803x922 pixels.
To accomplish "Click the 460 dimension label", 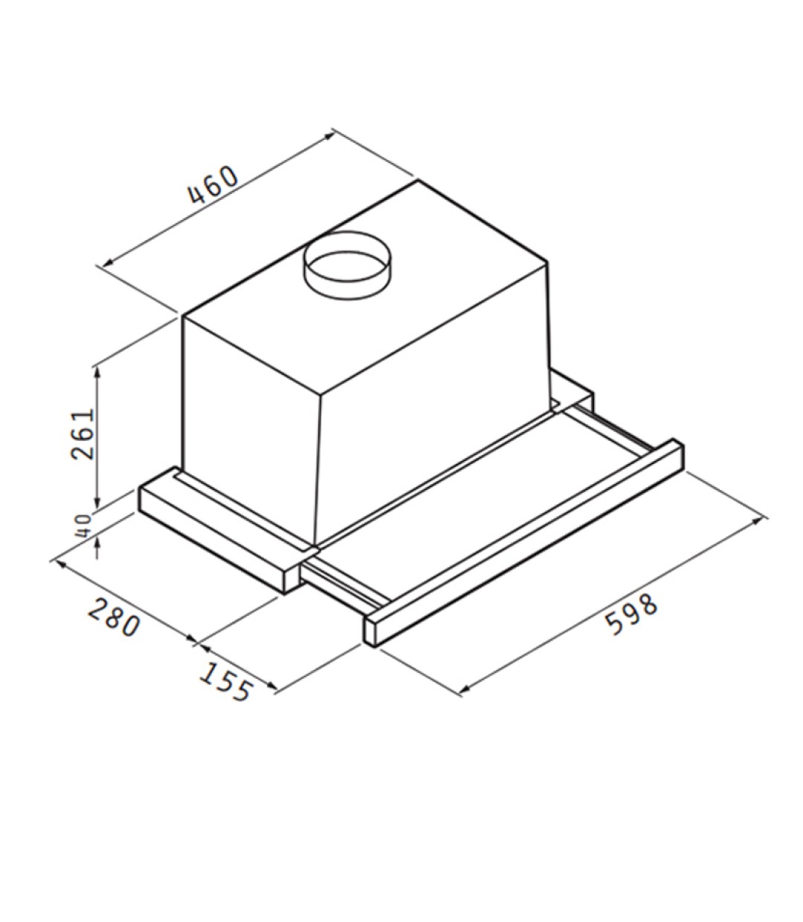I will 214,186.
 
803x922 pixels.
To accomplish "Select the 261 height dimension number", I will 83,434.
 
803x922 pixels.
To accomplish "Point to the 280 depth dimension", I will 114,616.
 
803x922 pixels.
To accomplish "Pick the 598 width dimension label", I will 632,614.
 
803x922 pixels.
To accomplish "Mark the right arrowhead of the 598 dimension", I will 760,519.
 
